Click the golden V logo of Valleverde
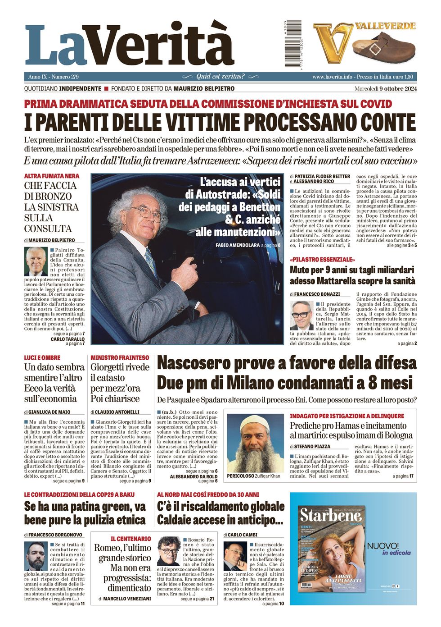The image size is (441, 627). pos(333,42)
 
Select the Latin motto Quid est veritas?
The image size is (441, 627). pos(220,77)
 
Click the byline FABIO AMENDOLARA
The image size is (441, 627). pos(238,245)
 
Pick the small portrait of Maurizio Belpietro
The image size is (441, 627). pos(36,261)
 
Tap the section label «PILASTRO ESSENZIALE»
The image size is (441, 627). pos(322,260)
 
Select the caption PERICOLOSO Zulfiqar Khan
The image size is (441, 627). pos(253,476)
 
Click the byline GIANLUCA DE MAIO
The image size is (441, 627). pos(49,412)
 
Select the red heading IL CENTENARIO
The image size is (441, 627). pos(130,539)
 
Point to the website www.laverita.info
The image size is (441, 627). pos(332,77)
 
